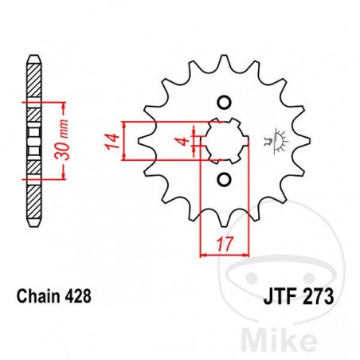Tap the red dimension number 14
pyautogui.click(x=112, y=142)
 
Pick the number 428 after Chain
pyautogui.click(x=79, y=295)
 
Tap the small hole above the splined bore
pyautogui.click(x=224, y=104)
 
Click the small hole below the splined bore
pyautogui.click(x=224, y=179)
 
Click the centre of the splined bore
pyautogui.click(x=224, y=141)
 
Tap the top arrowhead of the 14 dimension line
pyautogui.click(x=124, y=124)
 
